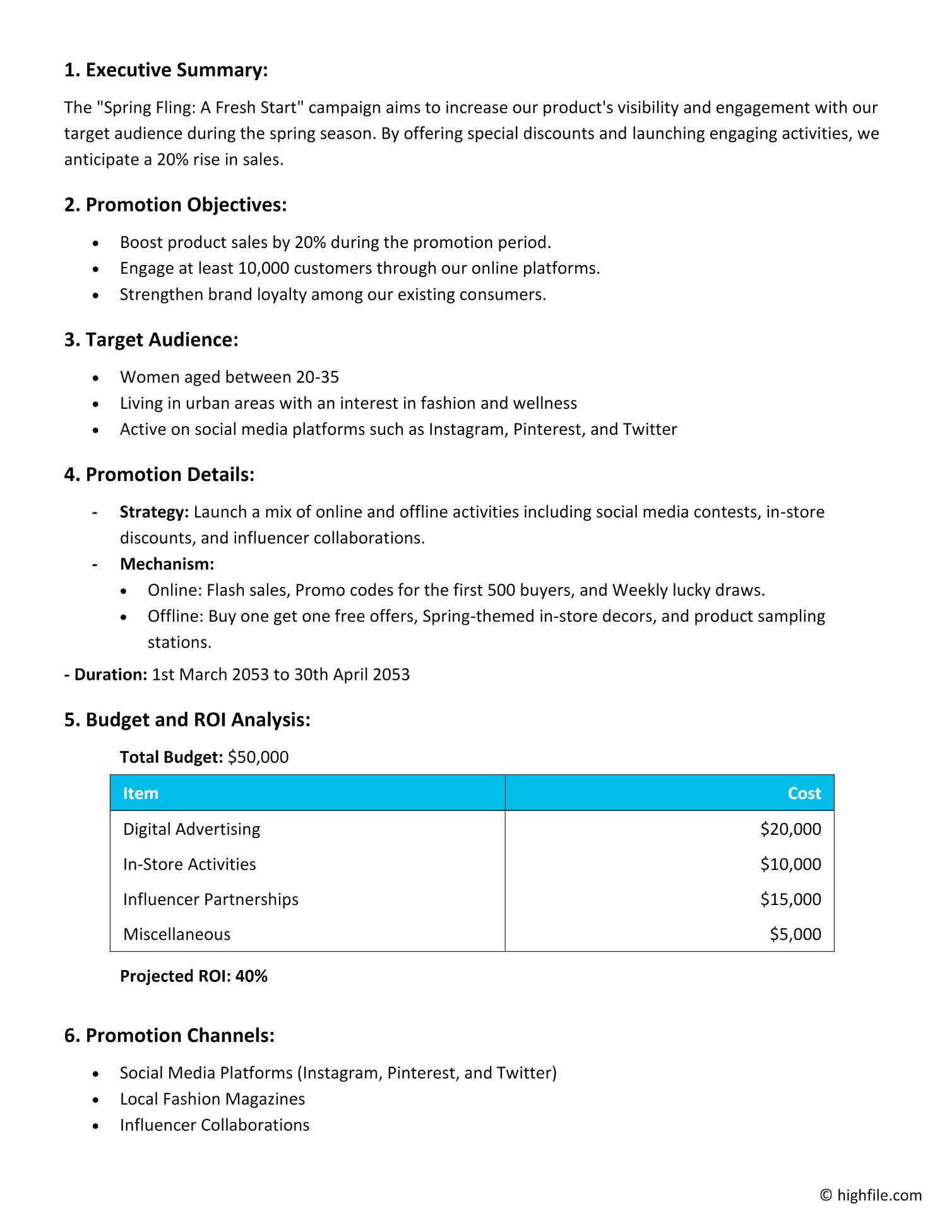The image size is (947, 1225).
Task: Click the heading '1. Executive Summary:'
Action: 165,70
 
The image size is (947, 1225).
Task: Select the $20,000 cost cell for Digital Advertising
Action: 790,829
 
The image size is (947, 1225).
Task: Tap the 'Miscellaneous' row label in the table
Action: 177,934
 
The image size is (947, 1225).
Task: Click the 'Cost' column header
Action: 804,793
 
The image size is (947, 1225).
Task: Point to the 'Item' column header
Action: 140,793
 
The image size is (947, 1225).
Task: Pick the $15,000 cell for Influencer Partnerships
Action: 790,899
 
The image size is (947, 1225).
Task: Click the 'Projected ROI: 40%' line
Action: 193,976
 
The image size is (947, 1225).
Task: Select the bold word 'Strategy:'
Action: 154,512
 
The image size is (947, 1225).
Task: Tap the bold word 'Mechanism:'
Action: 167,564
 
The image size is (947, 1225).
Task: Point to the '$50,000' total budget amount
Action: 258,757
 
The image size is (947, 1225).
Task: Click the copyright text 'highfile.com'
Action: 879,1195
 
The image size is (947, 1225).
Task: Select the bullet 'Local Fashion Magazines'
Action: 212,1099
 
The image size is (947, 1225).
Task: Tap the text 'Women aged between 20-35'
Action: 229,377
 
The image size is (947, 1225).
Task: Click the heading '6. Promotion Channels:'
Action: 169,1036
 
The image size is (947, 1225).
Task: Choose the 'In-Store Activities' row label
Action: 189,864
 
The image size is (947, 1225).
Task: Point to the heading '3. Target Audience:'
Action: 151,340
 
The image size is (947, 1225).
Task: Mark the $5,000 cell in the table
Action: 795,934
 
